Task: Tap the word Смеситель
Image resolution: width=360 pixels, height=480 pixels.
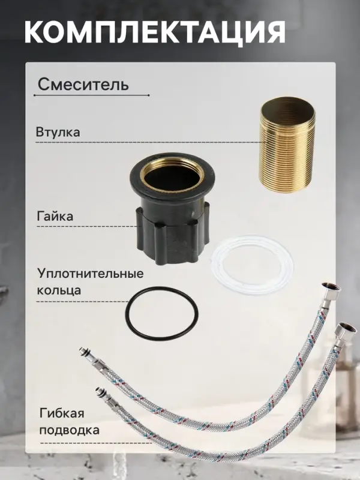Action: pyautogui.click(x=83, y=84)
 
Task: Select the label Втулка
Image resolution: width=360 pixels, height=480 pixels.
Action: pyautogui.click(x=58, y=132)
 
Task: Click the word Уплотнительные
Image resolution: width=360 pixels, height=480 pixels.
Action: pyautogui.click(x=90, y=274)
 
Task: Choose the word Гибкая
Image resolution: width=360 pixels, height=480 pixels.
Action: pyautogui.click(x=62, y=414)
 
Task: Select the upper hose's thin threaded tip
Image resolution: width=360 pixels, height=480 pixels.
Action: pyautogui.click(x=83, y=354)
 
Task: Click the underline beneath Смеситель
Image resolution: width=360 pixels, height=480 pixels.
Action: pyautogui.click(x=90, y=95)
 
